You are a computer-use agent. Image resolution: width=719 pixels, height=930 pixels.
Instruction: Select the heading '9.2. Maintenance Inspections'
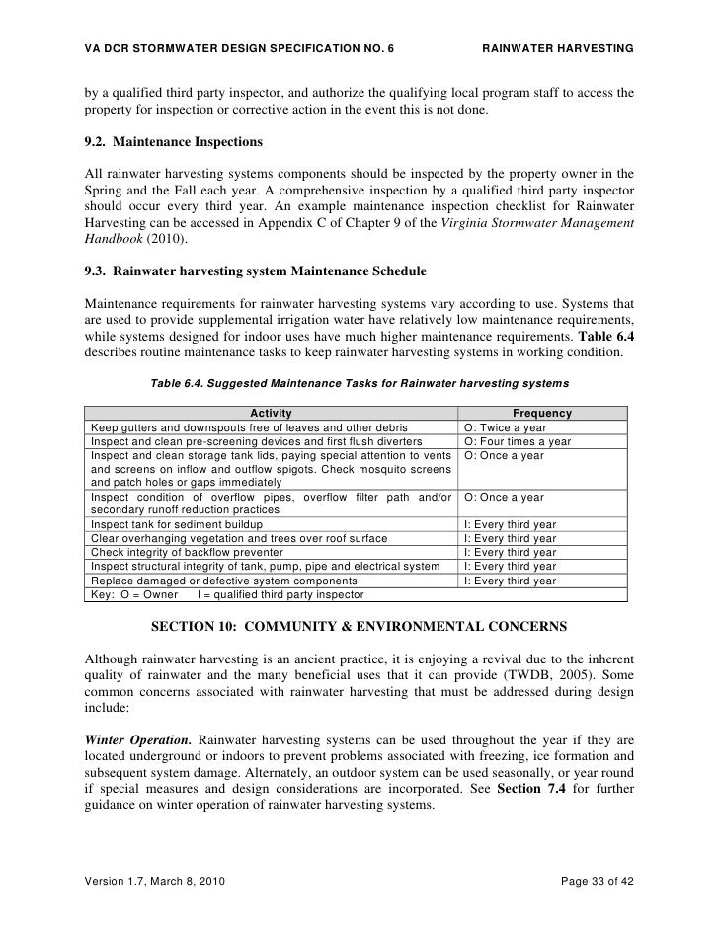coord(173,142)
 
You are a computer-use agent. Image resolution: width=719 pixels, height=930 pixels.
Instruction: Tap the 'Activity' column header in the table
coord(272,413)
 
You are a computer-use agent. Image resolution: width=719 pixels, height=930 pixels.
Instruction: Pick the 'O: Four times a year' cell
coord(518,441)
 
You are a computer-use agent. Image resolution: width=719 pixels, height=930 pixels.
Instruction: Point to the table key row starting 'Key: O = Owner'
coord(227,594)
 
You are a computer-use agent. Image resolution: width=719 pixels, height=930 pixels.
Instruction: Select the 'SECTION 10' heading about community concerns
coord(359,626)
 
